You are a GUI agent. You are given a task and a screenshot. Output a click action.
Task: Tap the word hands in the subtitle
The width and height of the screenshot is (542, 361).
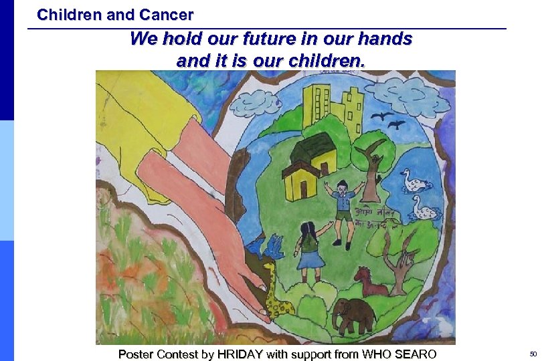click(384, 39)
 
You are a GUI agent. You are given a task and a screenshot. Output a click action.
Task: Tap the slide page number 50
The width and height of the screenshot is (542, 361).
click(533, 354)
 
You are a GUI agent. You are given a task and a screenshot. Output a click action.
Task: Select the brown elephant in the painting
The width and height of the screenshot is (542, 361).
click(353, 314)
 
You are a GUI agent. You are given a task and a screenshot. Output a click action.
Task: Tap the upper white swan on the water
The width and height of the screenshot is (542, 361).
click(409, 179)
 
